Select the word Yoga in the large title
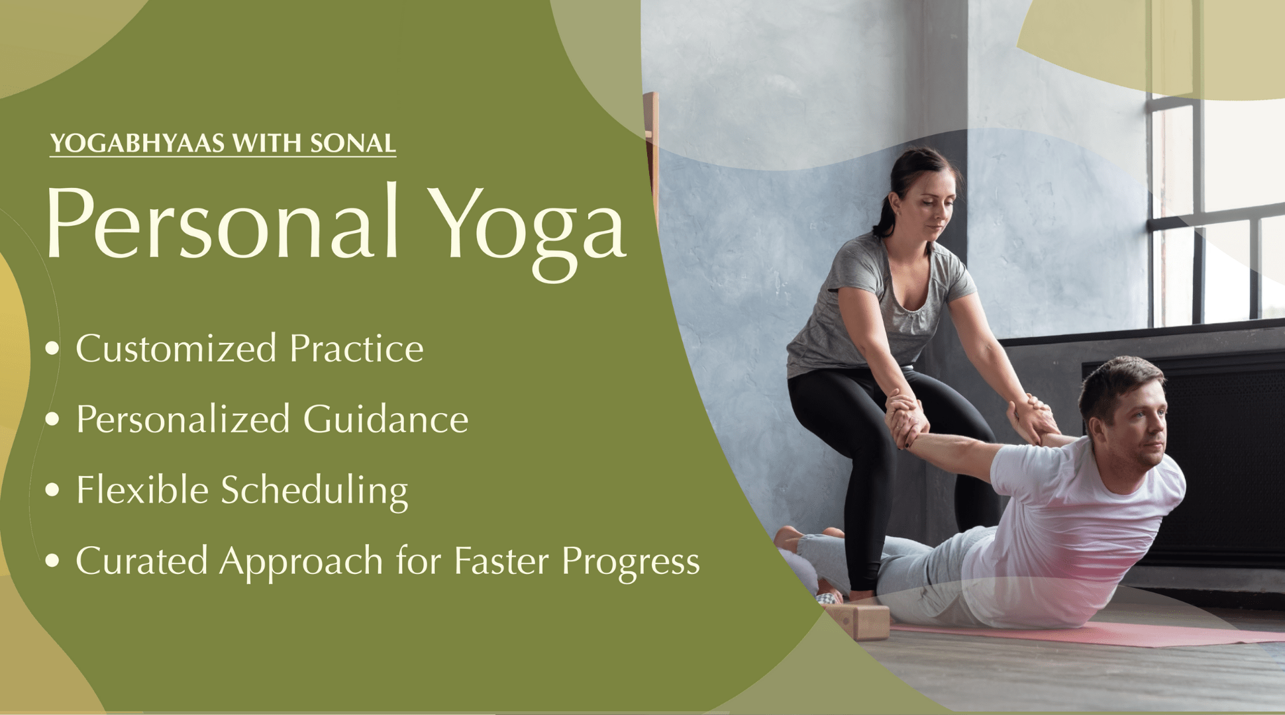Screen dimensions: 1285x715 pos(527,232)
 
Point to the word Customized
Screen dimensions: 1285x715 pos(176,348)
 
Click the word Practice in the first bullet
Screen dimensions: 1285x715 pos(357,348)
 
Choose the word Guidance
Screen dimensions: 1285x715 pos(385,419)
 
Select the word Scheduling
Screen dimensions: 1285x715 pos(315,492)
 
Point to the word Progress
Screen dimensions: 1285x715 pos(631,564)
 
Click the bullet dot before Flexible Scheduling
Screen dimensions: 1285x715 pos(52,491)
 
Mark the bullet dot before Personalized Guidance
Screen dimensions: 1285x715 pos(52,420)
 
